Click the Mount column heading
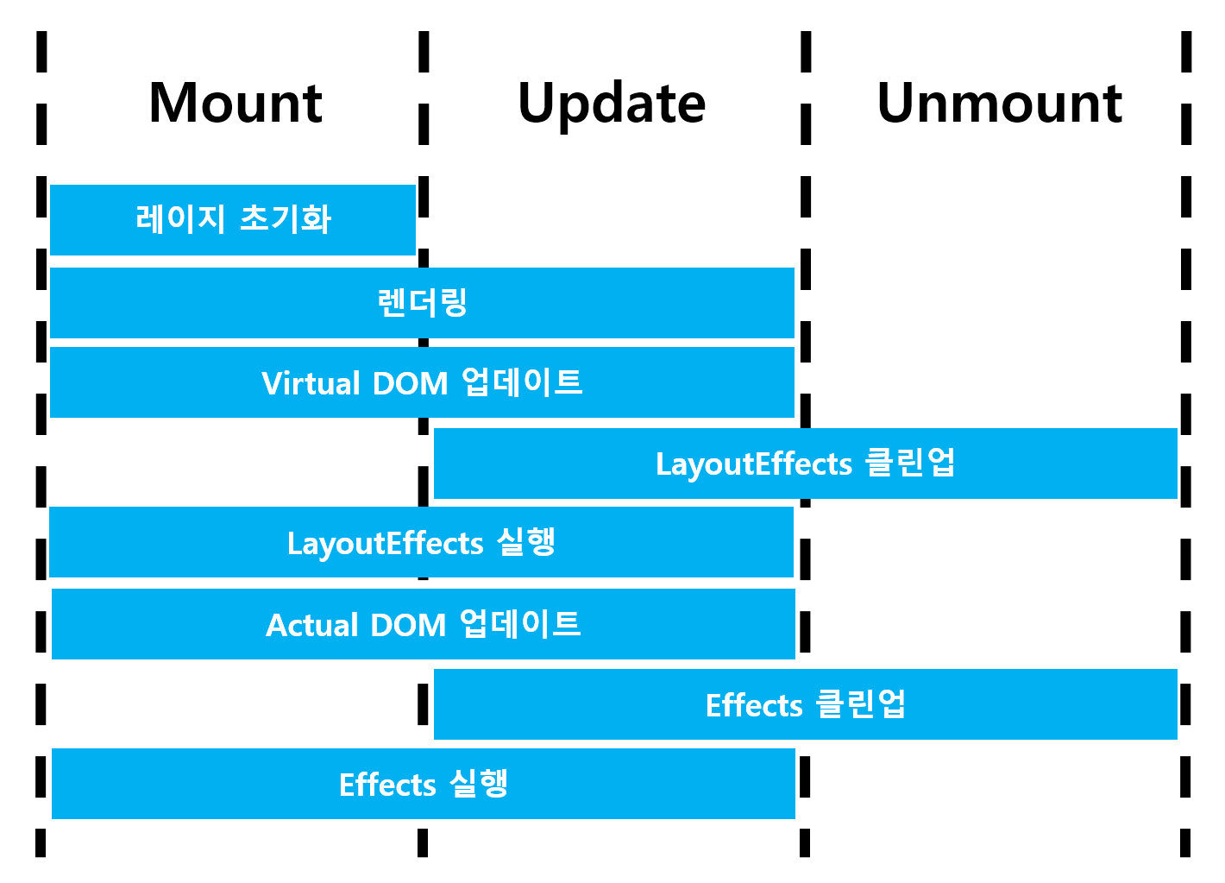236,104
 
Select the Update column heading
612,104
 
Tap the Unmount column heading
999,104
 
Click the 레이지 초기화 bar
233,219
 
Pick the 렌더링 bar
422,303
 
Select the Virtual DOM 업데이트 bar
422,382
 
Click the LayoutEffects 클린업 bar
805,464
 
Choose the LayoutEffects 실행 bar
421,542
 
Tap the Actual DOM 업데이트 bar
423,624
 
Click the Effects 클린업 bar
805,704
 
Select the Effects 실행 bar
423,784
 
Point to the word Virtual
311,383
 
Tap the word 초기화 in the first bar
285,219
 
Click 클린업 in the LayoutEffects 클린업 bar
910,463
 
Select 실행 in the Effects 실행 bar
479,784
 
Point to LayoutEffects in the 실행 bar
385,544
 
